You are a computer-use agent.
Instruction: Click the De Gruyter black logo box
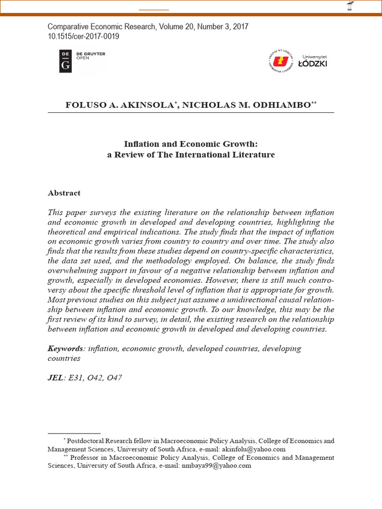pos(65,61)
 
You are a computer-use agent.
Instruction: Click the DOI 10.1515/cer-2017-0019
pos(83,36)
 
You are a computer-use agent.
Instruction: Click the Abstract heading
pos(64,193)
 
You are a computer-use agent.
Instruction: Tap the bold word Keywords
pos(65,348)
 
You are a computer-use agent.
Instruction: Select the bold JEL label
pos(55,378)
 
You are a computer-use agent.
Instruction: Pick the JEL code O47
pos(112,378)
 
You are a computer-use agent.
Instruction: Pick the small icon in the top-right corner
pos(350,6)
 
